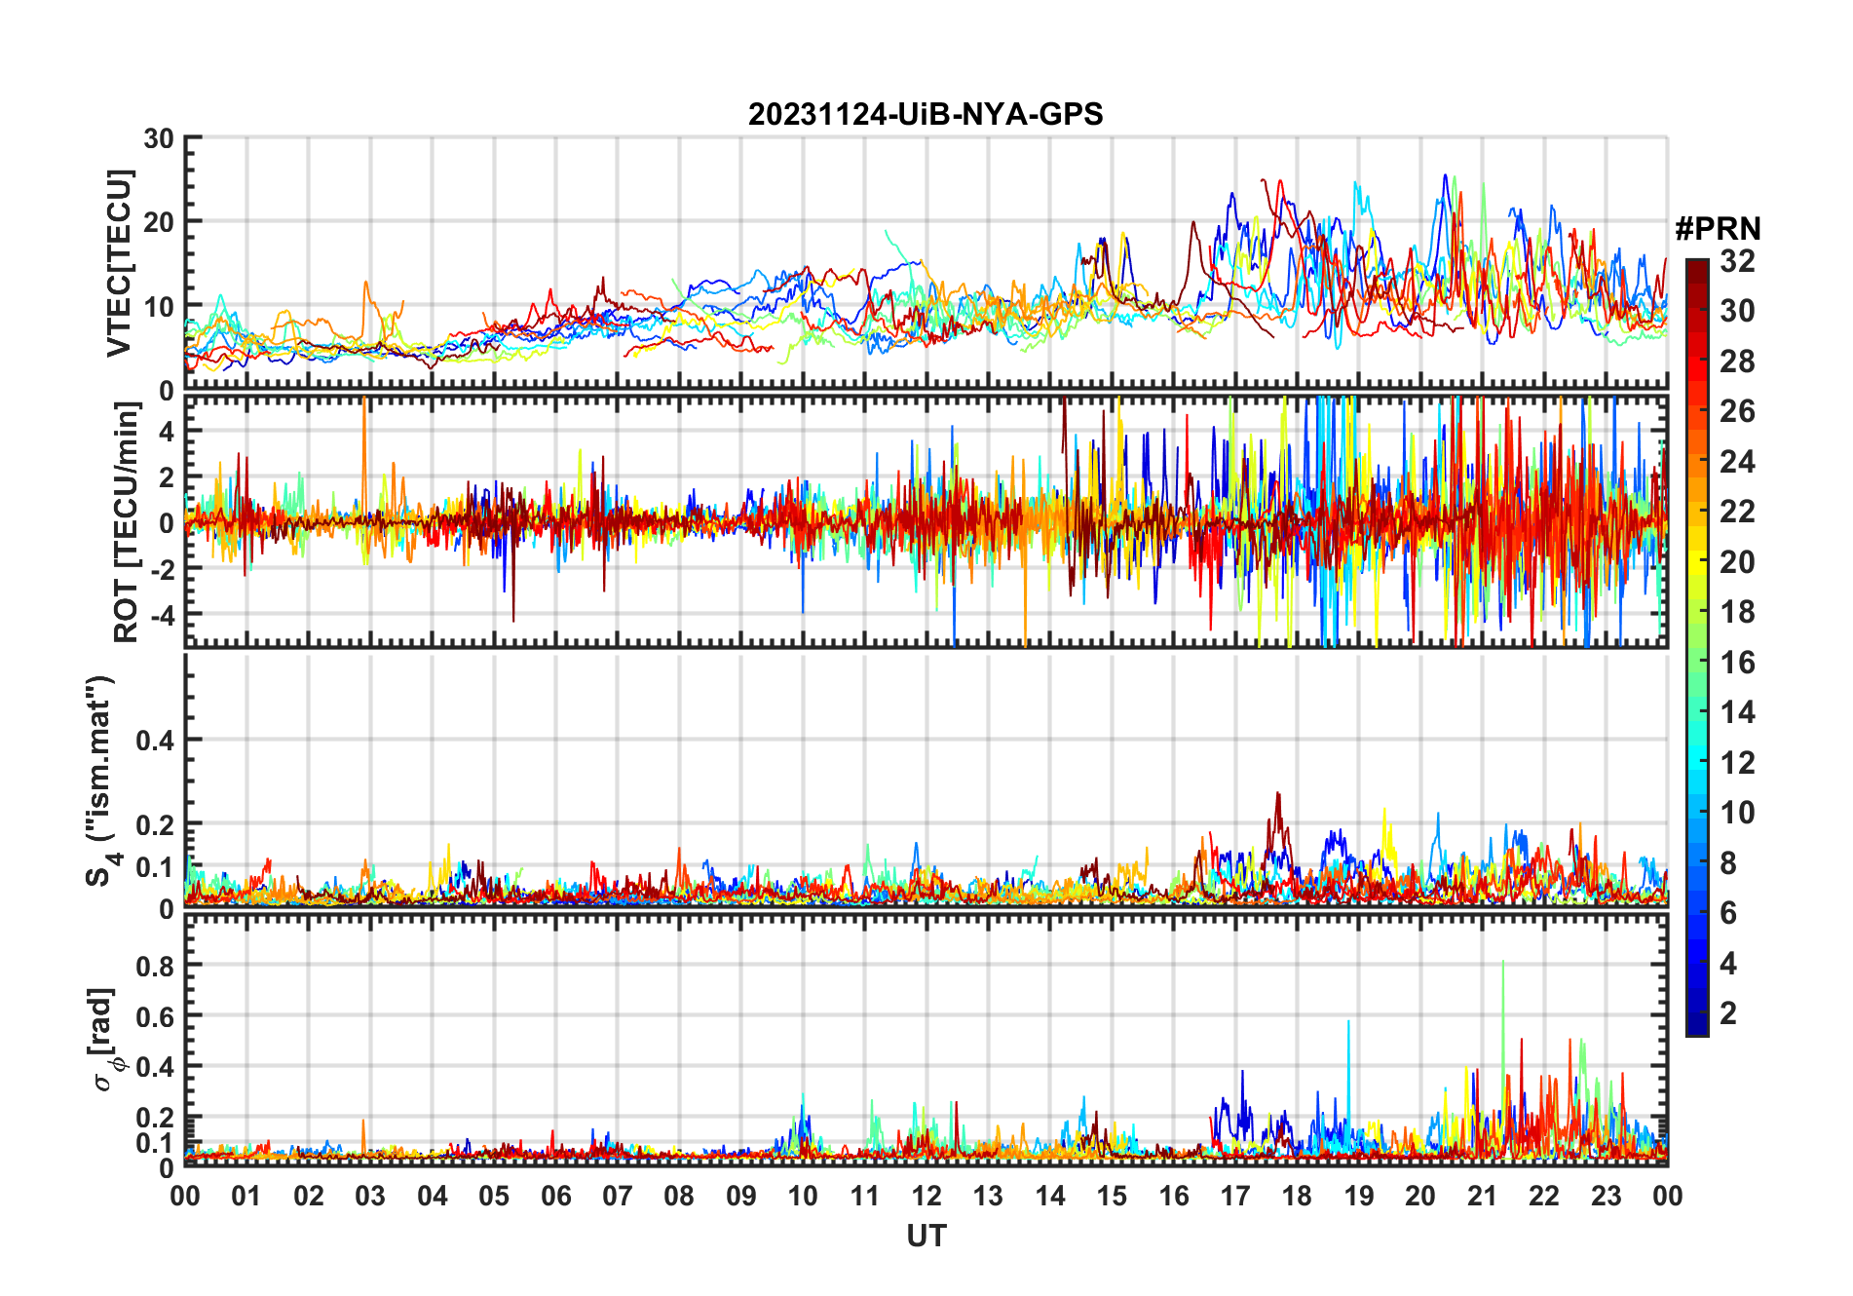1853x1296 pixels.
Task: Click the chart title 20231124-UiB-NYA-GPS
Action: coord(926,115)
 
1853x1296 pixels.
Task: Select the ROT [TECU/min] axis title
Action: coord(126,521)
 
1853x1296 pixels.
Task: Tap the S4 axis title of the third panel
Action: coord(100,780)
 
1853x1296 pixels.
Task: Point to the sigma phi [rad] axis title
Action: coord(103,1040)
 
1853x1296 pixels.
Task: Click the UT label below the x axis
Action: coord(926,1237)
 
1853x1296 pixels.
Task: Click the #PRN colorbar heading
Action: coord(1718,229)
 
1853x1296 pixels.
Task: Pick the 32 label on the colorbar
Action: coord(1737,261)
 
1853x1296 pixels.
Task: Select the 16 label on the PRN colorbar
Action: coord(1737,663)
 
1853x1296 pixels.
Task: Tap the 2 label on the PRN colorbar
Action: coord(1728,1013)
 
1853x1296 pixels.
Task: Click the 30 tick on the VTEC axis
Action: coord(159,138)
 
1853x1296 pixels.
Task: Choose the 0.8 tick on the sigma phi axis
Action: coord(155,966)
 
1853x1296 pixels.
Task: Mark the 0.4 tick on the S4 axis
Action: coord(155,740)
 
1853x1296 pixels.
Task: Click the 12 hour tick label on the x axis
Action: coord(926,1196)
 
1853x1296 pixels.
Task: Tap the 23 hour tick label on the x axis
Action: coord(1606,1196)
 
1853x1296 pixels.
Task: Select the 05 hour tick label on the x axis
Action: coord(494,1196)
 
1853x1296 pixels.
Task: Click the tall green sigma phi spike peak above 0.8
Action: coord(1502,962)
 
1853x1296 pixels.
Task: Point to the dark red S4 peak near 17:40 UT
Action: coord(1278,793)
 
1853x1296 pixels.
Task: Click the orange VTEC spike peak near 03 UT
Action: coord(366,283)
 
